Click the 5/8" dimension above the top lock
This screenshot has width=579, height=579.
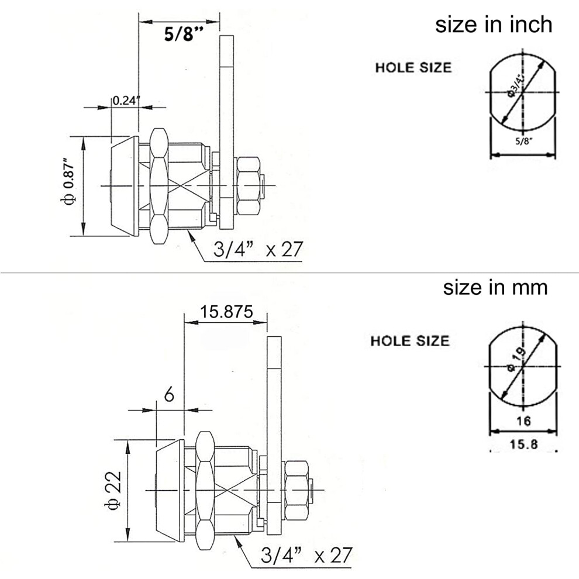(184, 35)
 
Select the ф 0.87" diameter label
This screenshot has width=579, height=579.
(69, 182)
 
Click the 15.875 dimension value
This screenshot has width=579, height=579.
(226, 312)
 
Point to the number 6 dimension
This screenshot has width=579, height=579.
(169, 395)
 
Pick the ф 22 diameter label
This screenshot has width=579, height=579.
(114, 490)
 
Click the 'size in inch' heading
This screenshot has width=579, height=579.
(494, 25)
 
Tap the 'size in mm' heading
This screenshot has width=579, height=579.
(495, 288)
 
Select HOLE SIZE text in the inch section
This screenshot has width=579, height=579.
(413, 68)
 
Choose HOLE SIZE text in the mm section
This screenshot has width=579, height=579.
(410, 340)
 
